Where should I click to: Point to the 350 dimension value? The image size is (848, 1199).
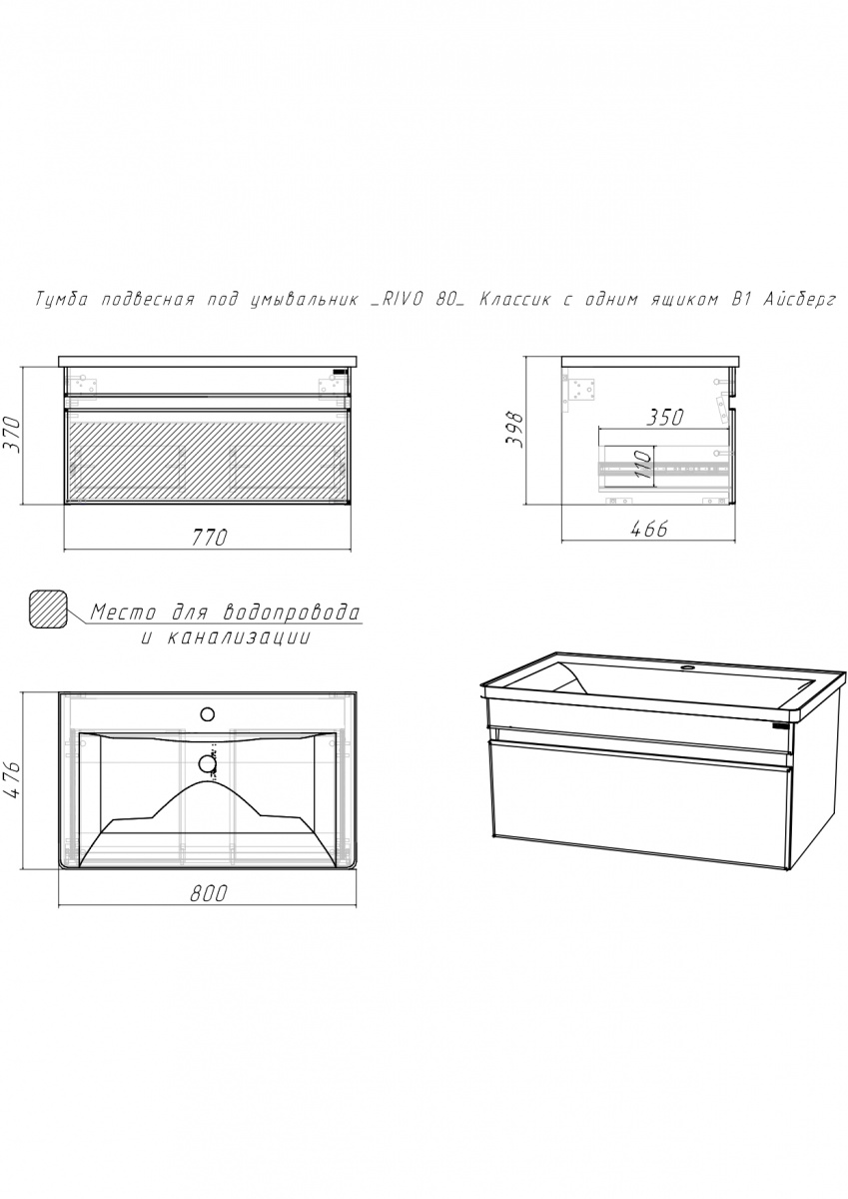click(x=665, y=417)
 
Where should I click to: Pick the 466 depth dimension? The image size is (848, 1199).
click(x=649, y=529)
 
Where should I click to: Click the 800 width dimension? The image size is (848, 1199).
click(x=208, y=893)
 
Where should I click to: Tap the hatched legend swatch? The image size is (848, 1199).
click(x=49, y=608)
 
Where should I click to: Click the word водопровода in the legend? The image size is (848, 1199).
click(x=292, y=611)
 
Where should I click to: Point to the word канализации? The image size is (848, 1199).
click(x=239, y=638)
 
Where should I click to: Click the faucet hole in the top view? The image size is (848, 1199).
click(x=207, y=713)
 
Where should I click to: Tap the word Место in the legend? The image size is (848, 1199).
click(x=124, y=611)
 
